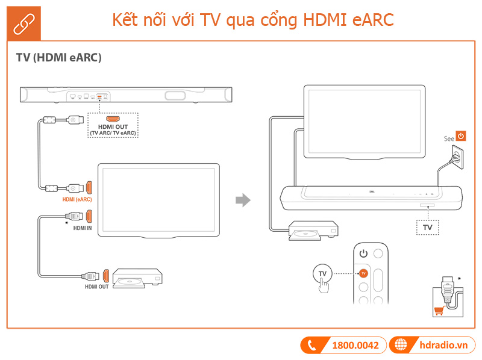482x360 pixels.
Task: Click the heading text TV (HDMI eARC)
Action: [x=58, y=58]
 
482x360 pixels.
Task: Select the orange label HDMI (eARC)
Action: [x=77, y=199]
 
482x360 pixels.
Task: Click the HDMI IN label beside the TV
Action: [x=83, y=228]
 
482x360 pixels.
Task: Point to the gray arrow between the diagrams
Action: [x=242, y=200]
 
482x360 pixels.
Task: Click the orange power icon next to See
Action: [x=461, y=137]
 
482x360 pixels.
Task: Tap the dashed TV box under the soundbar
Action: [x=428, y=228]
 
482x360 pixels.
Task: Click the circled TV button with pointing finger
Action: [x=323, y=274]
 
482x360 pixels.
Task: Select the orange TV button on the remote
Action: [x=363, y=273]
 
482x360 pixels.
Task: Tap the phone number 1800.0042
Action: [x=355, y=346]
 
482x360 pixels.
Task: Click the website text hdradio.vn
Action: [x=443, y=346]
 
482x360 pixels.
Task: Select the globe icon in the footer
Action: [x=399, y=346]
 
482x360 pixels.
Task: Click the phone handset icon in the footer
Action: [x=313, y=346]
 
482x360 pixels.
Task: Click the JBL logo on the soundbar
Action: [x=371, y=194]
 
